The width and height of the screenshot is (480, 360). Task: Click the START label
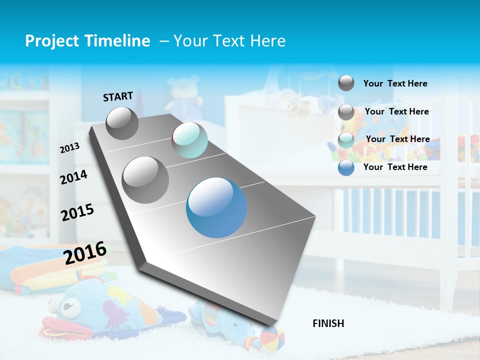pyautogui.click(x=118, y=96)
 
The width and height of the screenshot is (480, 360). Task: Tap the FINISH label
pyautogui.click(x=328, y=323)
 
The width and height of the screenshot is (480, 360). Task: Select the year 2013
pyautogui.click(x=69, y=148)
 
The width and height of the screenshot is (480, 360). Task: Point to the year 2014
pyautogui.click(x=73, y=177)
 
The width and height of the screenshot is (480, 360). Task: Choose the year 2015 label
pyautogui.click(x=77, y=212)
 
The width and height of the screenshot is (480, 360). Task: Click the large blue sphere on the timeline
pyautogui.click(x=216, y=207)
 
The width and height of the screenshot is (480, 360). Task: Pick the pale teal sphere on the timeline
pyautogui.click(x=189, y=140)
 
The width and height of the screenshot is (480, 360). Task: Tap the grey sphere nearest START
pyautogui.click(x=122, y=123)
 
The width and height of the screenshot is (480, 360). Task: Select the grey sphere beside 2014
pyautogui.click(x=145, y=179)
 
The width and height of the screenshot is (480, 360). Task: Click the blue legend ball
pyautogui.click(x=346, y=167)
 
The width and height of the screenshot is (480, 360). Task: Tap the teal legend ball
pyautogui.click(x=346, y=140)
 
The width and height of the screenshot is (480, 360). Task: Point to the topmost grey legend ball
pyautogui.click(x=346, y=83)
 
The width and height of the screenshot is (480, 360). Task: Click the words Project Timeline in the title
pyautogui.click(x=87, y=41)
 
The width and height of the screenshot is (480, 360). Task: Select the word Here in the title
pyautogui.click(x=267, y=41)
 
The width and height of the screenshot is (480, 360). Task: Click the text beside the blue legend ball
pyautogui.click(x=395, y=167)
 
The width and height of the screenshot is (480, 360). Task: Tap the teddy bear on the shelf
pyautogui.click(x=183, y=97)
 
